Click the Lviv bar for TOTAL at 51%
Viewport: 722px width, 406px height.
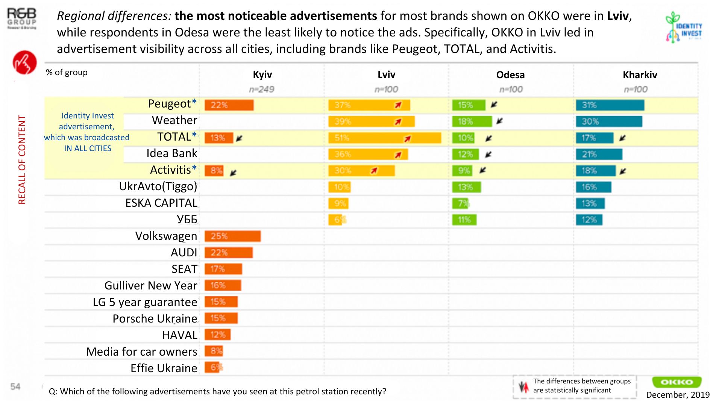click(384, 138)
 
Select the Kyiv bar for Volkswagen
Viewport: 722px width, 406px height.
click(232, 236)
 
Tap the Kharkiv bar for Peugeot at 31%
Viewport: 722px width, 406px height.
click(610, 105)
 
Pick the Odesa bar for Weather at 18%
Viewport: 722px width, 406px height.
click(472, 121)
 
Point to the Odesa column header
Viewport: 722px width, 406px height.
click(510, 75)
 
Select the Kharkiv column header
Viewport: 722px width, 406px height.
click(640, 75)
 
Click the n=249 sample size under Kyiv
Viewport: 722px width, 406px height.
click(261, 89)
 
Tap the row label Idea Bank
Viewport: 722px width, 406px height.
click(172, 153)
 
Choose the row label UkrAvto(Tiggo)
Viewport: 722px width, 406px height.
click(158, 186)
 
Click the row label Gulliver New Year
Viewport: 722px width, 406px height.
click(151, 286)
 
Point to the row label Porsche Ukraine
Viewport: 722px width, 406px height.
click(155, 319)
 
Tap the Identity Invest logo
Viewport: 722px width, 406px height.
click(683, 27)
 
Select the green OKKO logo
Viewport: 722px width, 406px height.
click(676, 382)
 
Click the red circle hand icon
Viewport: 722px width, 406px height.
click(25, 62)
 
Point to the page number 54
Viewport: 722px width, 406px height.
click(15, 386)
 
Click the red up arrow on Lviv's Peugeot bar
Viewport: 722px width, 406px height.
click(398, 105)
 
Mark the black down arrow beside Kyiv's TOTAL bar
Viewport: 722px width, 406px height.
click(239, 138)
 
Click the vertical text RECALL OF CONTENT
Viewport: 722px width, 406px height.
click(22, 160)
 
